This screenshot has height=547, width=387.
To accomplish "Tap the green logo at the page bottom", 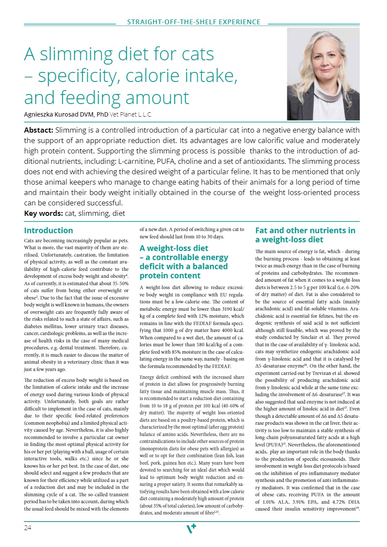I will (191, 528).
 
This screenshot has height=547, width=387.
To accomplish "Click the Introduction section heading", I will (49, 231).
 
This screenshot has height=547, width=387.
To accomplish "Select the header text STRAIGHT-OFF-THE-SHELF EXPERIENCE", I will (193, 22).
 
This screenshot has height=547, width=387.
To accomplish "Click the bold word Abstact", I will (39, 130).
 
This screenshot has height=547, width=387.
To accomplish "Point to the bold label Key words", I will (43, 213).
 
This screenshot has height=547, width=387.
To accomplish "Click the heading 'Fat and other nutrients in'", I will (305, 231).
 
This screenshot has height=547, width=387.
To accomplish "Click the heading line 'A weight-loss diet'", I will (174, 248).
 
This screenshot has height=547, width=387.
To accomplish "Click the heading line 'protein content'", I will (170, 276).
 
